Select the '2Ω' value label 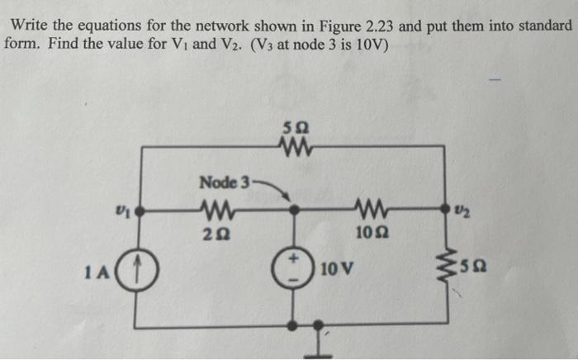[x=217, y=234]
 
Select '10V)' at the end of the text [x=368, y=43]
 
